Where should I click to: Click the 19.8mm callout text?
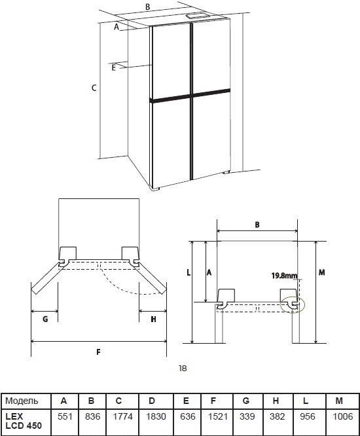tap(284, 276)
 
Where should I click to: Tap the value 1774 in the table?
tap(123, 416)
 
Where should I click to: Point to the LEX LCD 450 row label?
tap(24, 421)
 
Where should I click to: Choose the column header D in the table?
tap(152, 401)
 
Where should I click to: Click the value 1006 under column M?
tap(343, 416)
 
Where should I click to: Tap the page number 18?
tap(183, 369)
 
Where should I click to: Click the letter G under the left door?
tap(45, 319)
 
